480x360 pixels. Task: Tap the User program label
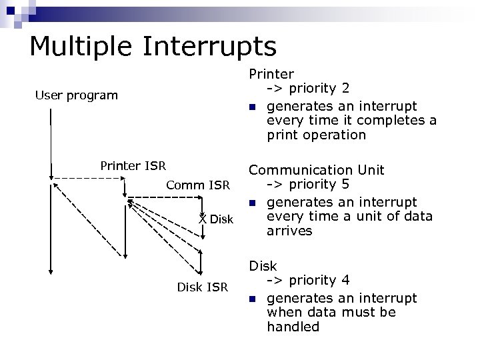(76, 95)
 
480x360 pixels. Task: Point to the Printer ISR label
(133, 165)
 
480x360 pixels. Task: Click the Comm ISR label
(197, 185)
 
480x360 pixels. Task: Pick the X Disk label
(216, 219)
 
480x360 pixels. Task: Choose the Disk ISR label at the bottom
(202, 287)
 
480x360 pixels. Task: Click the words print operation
(316, 135)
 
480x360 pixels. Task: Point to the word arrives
(289, 231)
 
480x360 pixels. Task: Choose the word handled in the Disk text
(293, 327)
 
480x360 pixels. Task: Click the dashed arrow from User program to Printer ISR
(87, 178)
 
